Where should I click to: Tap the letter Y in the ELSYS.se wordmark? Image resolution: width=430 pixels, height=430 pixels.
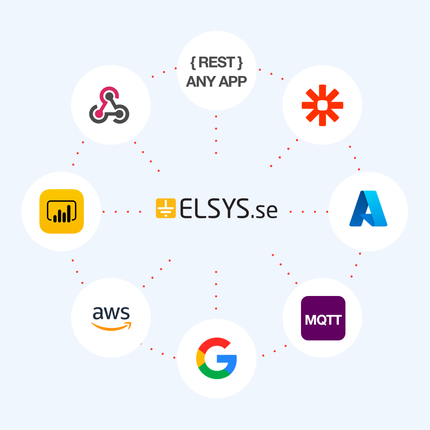click(x=231, y=208)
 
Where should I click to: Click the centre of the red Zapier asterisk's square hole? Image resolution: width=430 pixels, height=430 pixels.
click(x=322, y=105)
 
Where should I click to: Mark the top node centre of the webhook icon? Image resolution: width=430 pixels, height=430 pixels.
click(x=109, y=96)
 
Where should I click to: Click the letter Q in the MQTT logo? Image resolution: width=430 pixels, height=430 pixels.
click(x=323, y=320)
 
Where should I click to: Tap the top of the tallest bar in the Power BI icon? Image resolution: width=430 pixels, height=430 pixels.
click(x=69, y=206)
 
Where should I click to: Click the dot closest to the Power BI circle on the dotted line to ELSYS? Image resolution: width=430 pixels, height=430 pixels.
click(x=104, y=211)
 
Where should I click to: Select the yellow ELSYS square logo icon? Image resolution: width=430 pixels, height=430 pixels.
click(x=166, y=208)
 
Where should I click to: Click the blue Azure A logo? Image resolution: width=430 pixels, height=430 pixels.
click(x=368, y=209)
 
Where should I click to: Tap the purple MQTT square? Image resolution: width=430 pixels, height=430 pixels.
click(x=323, y=318)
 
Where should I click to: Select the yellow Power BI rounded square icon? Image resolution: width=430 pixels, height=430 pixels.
click(x=62, y=211)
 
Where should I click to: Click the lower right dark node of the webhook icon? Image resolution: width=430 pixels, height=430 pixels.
click(x=119, y=113)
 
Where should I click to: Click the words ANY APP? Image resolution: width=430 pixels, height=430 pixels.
click(x=216, y=81)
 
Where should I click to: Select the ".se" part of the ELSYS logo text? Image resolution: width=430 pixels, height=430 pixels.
click(x=264, y=211)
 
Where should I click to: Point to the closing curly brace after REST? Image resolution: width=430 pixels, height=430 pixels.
click(x=240, y=63)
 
